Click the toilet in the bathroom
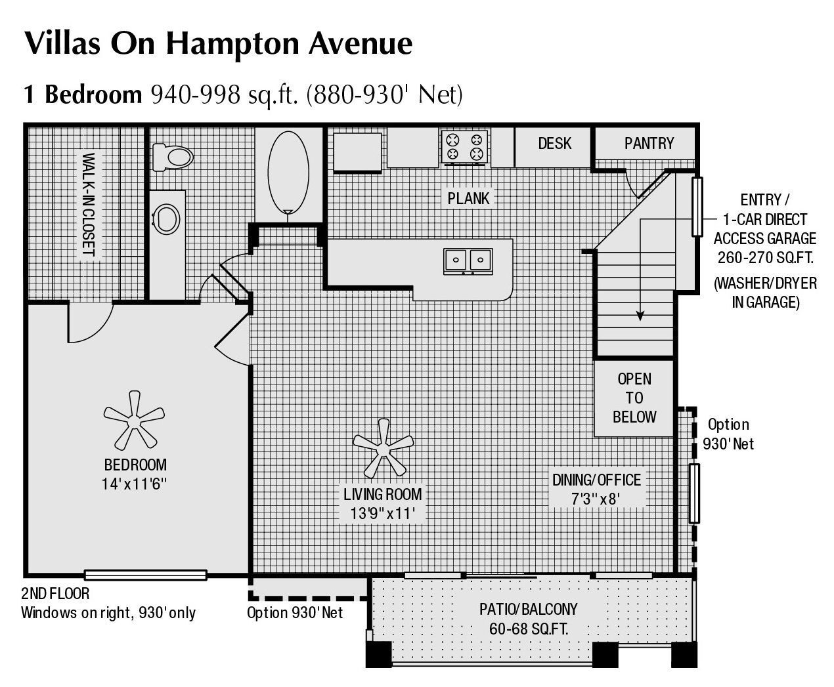click(173, 156)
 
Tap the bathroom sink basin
click(166, 219)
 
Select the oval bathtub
click(288, 172)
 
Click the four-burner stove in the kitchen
click(465, 146)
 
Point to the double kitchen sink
click(468, 260)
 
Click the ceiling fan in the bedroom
click(134, 419)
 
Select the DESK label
click(554, 143)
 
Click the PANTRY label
click(649, 143)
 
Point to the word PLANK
click(468, 198)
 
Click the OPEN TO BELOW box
click(634, 398)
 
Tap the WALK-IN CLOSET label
click(89, 205)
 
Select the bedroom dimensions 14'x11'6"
click(135, 484)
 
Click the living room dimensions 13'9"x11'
click(383, 513)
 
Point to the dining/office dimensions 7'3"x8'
click(596, 499)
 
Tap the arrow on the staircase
click(640, 315)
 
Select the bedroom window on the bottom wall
click(146, 575)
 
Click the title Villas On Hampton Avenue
click(218, 43)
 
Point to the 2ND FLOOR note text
click(55, 594)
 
